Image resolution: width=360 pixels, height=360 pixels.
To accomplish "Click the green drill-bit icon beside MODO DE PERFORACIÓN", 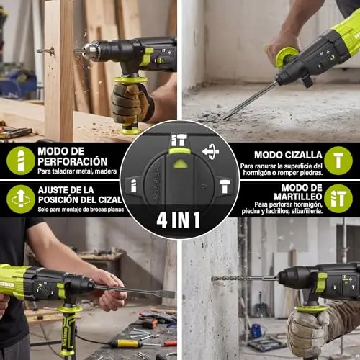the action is pos(21,161).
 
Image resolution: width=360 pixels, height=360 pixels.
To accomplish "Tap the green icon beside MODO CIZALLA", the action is pos(338,161).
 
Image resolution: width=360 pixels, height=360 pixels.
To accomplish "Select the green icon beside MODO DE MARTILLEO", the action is pos(338,199).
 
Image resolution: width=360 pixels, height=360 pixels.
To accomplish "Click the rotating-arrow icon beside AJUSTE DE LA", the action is pos(21,199).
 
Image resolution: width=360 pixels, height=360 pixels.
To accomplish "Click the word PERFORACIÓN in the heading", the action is pos(73,161).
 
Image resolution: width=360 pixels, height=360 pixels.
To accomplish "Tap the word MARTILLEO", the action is pos(298,197).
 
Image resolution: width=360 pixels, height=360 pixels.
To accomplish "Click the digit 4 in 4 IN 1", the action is pos(162,220).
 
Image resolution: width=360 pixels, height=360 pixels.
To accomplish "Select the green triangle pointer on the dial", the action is pos(179,163).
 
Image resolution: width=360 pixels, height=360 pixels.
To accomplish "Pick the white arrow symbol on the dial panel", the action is pos(210,152).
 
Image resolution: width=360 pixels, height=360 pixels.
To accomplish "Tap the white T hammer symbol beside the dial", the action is pos(225,186).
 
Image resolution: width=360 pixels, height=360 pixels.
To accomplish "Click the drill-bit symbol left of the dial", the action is pos(133,186).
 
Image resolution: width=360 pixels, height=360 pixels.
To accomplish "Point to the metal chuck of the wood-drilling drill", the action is pos(89,50).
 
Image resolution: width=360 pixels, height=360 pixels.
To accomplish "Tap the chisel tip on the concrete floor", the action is pos(226,117).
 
